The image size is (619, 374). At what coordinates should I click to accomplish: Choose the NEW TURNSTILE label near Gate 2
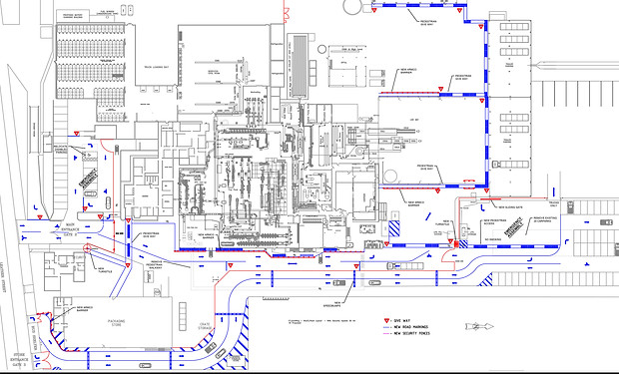coord(101,267)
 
